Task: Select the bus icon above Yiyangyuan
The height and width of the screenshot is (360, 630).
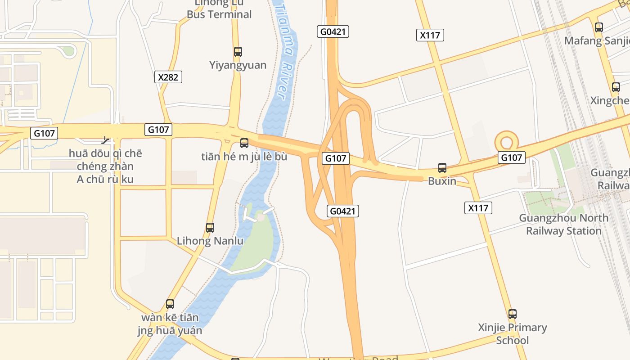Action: [238, 52]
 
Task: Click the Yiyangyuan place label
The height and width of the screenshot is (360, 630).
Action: [238, 65]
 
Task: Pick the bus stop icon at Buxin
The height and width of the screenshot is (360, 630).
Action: [442, 168]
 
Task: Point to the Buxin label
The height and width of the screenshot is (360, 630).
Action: [442, 181]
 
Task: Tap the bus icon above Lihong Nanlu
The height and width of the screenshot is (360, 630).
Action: [210, 228]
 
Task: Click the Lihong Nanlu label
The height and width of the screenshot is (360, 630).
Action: [210, 241]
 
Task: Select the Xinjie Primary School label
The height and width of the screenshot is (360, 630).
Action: [513, 333]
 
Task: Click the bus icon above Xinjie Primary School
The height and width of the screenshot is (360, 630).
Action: [513, 314]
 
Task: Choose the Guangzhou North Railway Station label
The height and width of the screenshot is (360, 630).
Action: [563, 224]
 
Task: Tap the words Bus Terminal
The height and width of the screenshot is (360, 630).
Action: [219, 14]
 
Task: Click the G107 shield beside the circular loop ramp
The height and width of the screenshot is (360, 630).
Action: [512, 157]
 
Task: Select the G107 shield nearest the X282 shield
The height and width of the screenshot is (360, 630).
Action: [158, 130]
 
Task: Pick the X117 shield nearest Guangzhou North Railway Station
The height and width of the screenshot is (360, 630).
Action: [478, 208]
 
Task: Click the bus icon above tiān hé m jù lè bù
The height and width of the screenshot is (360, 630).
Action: [244, 143]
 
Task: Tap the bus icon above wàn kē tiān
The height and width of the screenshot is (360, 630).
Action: [170, 304]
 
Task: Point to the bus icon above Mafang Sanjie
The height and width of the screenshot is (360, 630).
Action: [598, 27]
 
